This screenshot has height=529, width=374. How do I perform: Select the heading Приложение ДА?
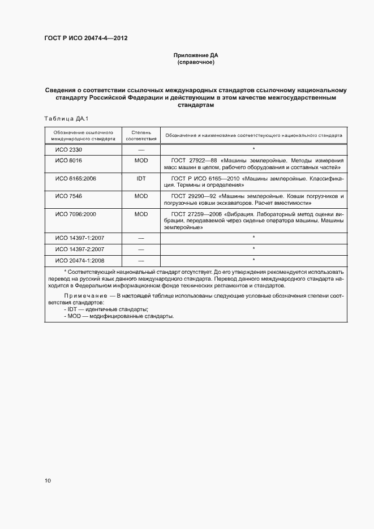(195, 55)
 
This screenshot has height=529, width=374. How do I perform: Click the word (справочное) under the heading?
(195, 62)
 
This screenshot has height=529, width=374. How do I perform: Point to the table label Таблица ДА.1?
(63, 118)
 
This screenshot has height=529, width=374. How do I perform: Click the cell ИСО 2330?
(68, 149)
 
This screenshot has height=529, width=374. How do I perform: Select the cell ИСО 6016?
(68, 161)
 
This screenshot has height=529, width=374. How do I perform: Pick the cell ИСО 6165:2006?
(75, 178)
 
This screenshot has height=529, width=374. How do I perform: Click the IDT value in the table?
(141, 178)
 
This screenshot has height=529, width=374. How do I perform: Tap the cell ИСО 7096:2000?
(75, 214)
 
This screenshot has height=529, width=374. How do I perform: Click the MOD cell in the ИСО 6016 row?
(141, 161)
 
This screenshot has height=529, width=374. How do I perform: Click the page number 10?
(48, 480)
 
